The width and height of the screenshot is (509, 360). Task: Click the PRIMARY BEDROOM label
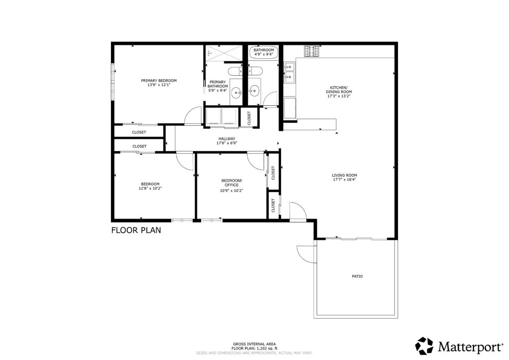tap(158, 81)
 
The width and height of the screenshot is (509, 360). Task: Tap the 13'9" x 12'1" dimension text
tap(158, 85)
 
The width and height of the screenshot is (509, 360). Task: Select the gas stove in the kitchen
tap(312, 51)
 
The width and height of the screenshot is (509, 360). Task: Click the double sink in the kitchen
tap(290, 73)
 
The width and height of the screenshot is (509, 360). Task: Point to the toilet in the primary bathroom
tap(235, 71)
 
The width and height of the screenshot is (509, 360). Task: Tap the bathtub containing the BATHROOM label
tap(263, 52)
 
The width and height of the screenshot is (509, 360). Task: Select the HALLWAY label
tap(227, 139)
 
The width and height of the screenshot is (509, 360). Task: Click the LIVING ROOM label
tap(344, 176)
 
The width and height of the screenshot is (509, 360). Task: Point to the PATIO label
tap(357, 276)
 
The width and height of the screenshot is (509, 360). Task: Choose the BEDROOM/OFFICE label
tap(231, 183)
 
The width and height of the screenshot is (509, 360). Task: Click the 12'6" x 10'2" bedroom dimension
tap(150, 189)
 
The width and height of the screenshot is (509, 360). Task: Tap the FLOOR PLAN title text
tap(136, 231)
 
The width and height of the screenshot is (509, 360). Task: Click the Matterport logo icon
tap(424, 346)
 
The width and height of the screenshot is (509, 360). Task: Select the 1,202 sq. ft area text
tap(254, 348)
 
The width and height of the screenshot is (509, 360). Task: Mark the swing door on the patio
tap(305, 254)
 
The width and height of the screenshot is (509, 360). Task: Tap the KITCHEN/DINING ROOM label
tap(338, 91)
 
